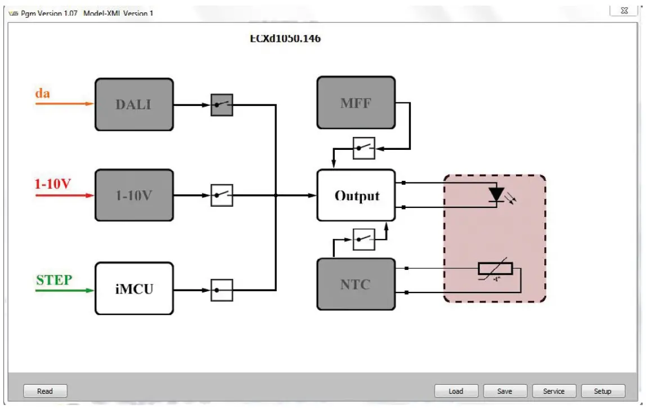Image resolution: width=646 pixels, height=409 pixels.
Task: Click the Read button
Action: [x=45, y=391]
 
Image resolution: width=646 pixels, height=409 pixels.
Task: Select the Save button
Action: [x=505, y=391]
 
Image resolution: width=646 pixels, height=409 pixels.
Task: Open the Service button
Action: [x=553, y=391]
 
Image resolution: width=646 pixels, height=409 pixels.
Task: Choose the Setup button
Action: [x=602, y=391]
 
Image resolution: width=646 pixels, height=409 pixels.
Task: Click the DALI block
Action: [x=133, y=104]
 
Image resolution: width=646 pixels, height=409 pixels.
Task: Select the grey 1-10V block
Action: [x=133, y=195]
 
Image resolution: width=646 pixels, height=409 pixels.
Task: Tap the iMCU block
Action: [x=133, y=288]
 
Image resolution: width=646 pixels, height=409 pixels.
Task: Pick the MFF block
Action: [x=356, y=103]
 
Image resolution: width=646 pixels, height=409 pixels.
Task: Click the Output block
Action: [x=356, y=195]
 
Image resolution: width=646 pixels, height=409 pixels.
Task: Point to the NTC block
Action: [x=356, y=284]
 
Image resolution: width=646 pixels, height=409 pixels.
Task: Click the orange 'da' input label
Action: [x=43, y=93]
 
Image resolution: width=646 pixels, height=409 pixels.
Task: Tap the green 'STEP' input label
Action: [x=54, y=280]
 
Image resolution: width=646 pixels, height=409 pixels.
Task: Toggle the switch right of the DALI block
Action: [x=222, y=105]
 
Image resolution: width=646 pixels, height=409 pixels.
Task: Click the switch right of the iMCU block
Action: [x=222, y=291]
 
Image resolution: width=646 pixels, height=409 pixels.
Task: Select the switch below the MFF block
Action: [x=364, y=148]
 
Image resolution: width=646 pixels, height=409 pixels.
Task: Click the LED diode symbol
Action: [x=496, y=194]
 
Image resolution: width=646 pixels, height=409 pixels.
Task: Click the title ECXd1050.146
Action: [x=285, y=39]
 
